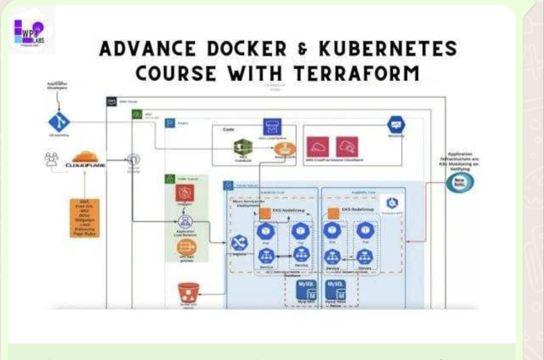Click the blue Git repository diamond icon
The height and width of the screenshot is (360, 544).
(x=59, y=123)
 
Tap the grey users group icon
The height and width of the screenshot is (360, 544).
(x=51, y=159)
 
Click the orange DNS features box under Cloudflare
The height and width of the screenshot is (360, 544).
(x=85, y=218)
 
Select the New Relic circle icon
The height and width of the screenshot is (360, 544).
(x=459, y=182)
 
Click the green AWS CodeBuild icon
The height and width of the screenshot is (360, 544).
(x=243, y=148)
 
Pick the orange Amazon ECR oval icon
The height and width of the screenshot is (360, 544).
(x=285, y=149)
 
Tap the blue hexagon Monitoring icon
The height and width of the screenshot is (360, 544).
(x=396, y=125)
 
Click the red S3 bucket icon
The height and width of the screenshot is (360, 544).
(x=188, y=293)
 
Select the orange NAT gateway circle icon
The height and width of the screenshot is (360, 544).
(x=186, y=248)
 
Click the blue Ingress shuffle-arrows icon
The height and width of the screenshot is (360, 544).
(x=239, y=244)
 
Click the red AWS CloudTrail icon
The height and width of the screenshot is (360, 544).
(x=318, y=147)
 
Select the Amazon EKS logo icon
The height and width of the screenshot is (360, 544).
(x=392, y=203)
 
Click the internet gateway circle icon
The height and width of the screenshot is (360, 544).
(x=133, y=160)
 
